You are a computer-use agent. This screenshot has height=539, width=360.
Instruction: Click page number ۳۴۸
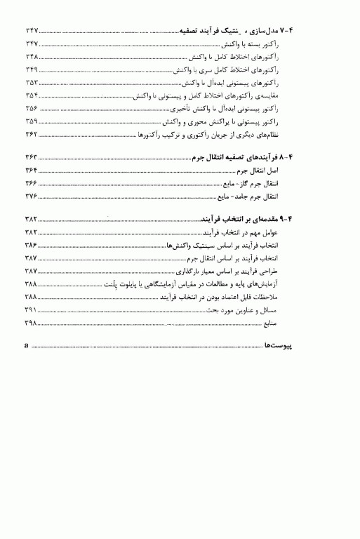point(32,57)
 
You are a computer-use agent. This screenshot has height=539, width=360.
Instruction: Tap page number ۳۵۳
point(32,84)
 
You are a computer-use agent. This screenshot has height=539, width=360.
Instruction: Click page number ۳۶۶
point(32,184)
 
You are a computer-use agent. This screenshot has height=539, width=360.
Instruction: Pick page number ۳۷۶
point(32,197)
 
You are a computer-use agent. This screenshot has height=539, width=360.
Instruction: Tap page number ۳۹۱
point(32,312)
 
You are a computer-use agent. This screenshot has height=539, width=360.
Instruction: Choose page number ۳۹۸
point(32,325)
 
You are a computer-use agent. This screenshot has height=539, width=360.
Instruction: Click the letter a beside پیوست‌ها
point(27,347)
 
